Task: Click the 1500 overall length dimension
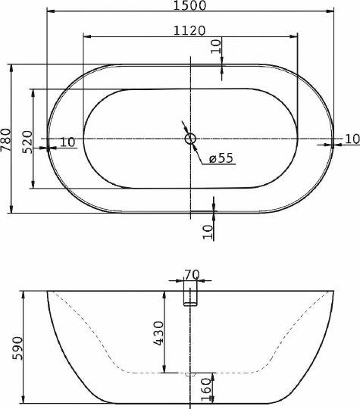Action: coord(190,6)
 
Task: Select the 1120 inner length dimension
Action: coord(189,30)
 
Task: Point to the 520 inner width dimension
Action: coord(27,139)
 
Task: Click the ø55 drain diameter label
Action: coord(220,158)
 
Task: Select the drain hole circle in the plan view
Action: coord(190,139)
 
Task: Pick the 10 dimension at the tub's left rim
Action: coord(67,142)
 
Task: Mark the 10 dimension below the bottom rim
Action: coord(208,231)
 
